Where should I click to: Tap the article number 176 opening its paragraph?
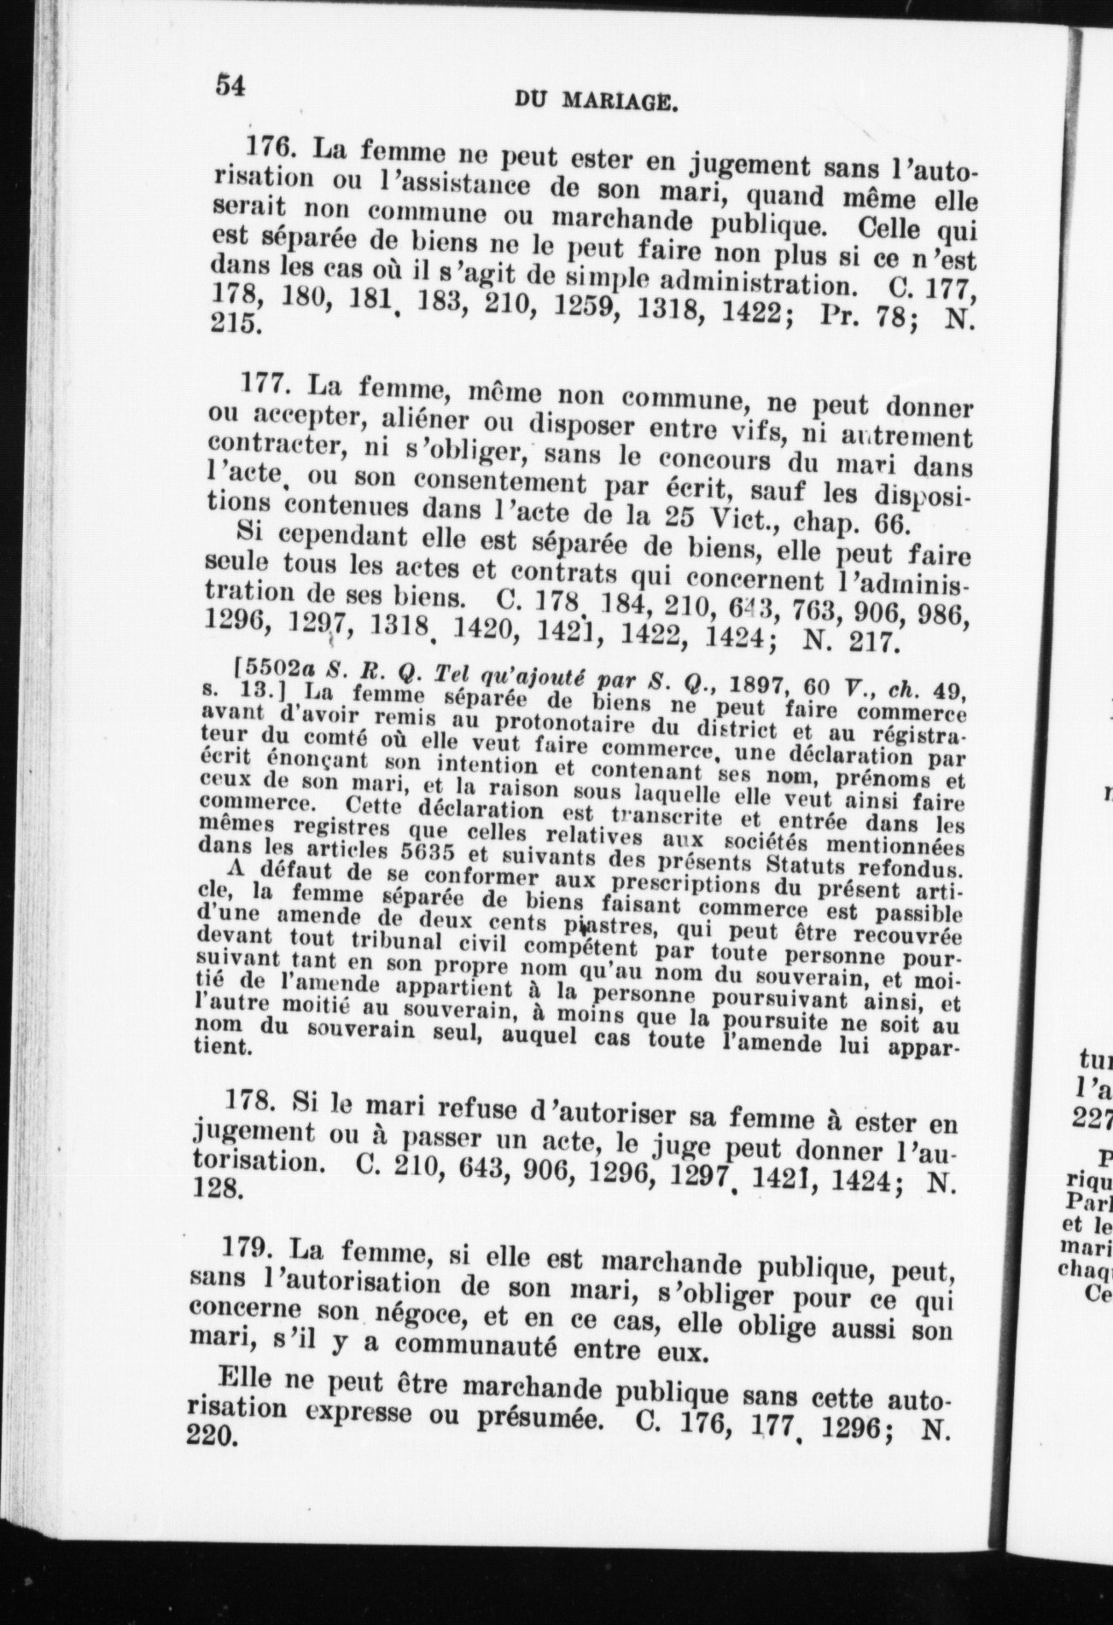[271, 148]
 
